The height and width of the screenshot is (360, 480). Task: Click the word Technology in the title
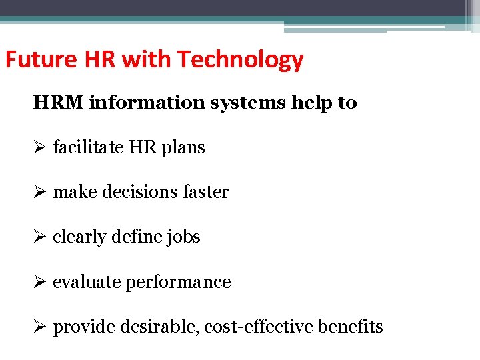[241, 61]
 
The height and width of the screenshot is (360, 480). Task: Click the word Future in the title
[31, 60]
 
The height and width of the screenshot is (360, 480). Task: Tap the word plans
[183, 148]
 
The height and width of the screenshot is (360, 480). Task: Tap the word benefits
[351, 327]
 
